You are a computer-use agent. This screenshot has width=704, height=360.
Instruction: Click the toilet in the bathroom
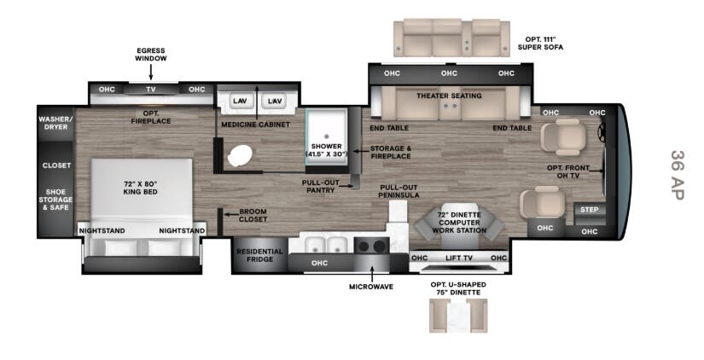(240, 155)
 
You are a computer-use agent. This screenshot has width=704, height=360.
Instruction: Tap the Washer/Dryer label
(55, 123)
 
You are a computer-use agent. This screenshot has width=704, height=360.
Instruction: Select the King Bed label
(140, 188)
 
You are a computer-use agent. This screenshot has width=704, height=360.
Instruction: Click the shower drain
(327, 136)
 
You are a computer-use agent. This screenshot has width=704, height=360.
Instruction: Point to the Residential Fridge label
(259, 255)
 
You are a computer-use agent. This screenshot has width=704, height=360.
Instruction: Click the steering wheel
(601, 131)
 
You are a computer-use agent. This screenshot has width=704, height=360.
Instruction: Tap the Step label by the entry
(589, 210)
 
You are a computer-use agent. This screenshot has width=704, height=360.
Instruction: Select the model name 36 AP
(677, 175)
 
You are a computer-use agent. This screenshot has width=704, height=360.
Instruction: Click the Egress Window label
(151, 55)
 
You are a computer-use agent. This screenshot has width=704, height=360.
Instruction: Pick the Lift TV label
(459, 258)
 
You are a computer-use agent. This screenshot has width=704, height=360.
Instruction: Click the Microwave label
(371, 287)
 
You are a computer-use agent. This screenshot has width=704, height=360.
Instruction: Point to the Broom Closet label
(253, 216)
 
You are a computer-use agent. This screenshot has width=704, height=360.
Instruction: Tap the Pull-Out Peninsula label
(399, 191)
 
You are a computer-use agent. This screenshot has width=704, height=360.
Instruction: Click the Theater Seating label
(449, 96)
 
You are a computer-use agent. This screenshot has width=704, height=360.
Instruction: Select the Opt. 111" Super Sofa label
(540, 44)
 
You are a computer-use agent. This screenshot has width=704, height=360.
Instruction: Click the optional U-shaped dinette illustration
(458, 316)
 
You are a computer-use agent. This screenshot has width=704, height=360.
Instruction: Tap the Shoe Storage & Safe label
(55, 200)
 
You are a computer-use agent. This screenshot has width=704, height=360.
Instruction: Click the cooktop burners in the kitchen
(372, 246)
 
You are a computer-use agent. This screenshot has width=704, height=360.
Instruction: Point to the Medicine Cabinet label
(255, 125)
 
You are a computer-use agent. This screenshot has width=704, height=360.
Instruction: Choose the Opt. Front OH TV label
(568, 171)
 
